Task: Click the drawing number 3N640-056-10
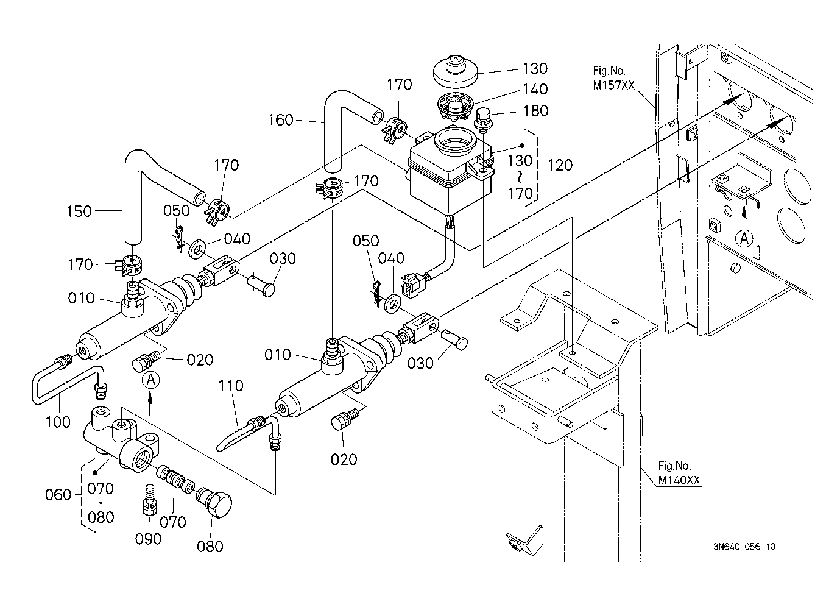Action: click(x=744, y=547)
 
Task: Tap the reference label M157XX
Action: click(x=613, y=85)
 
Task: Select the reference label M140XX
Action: click(x=679, y=480)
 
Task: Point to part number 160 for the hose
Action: click(x=280, y=120)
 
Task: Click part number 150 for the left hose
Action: click(x=79, y=211)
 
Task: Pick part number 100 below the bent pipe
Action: click(x=58, y=422)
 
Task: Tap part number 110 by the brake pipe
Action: click(x=231, y=386)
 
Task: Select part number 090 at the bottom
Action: click(x=148, y=539)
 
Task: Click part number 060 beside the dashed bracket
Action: click(x=58, y=495)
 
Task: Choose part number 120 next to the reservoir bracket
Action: click(x=560, y=165)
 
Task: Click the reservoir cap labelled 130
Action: click(x=455, y=72)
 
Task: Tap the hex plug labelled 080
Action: click(x=214, y=502)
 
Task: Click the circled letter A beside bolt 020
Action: click(x=150, y=380)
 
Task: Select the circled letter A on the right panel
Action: click(x=744, y=239)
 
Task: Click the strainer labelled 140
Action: click(x=455, y=107)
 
